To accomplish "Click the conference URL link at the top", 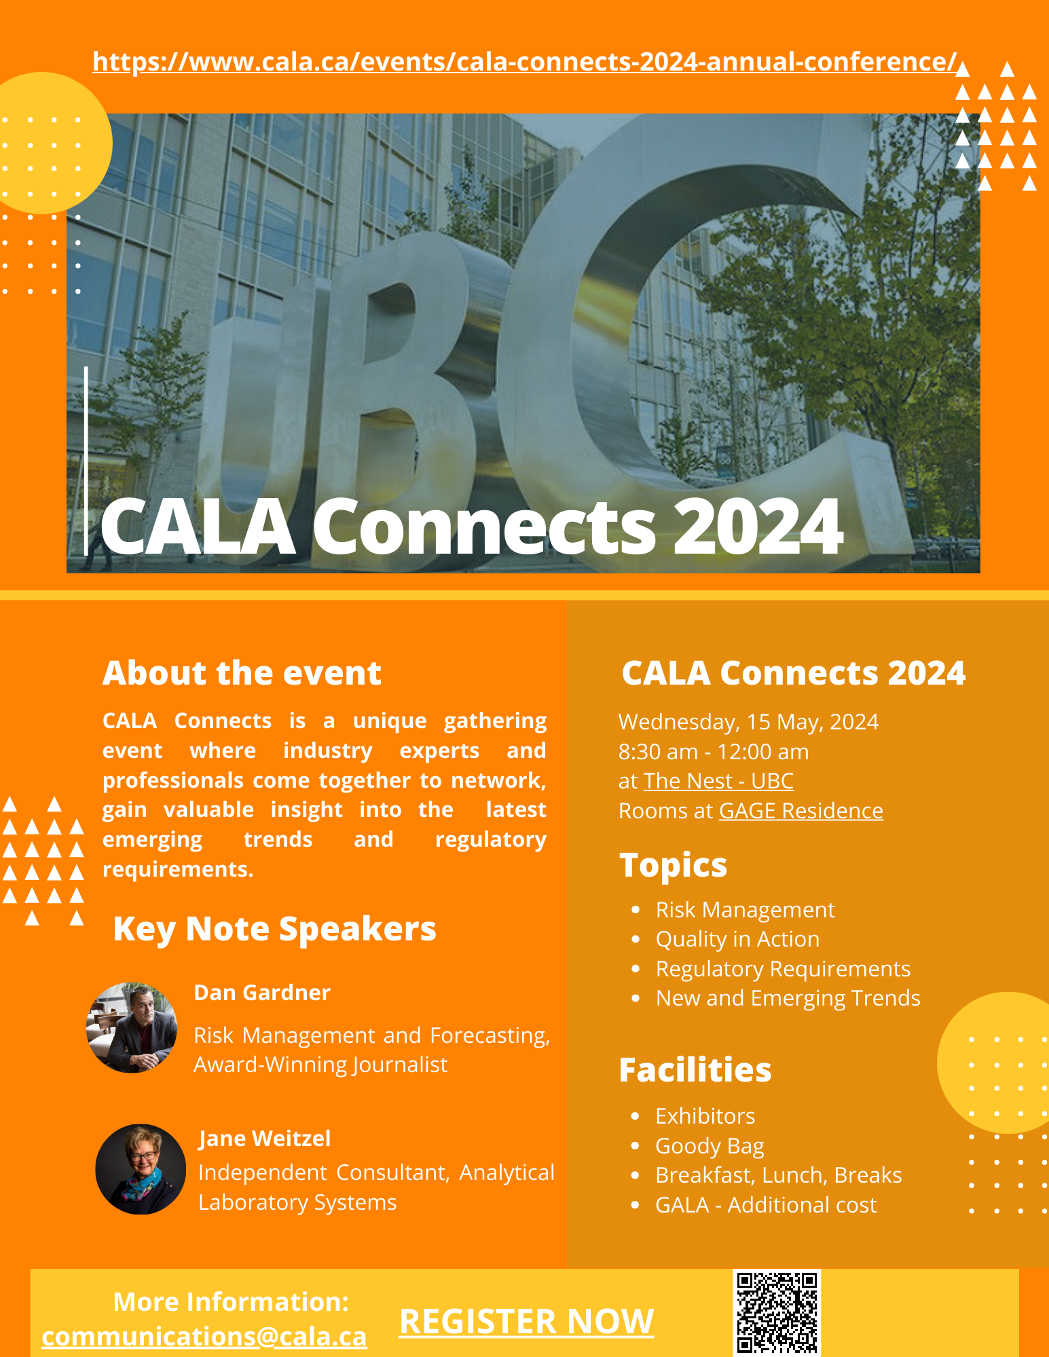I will coord(524,62).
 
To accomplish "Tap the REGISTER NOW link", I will coord(526,1321).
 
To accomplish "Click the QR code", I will coord(777,1312).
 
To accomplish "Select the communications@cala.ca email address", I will coord(204,1337).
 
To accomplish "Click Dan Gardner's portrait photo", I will coord(132,1027).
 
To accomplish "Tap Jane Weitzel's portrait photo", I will coord(141,1169).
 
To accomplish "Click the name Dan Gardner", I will coord(262,993).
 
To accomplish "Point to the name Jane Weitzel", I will coord(265,1139).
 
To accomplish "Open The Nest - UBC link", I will coord(718,781).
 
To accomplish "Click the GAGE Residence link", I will coord(800,811).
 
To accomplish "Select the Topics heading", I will coord(673,865).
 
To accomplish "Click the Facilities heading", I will coord(695,1070).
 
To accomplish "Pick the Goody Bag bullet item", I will coord(710,1146).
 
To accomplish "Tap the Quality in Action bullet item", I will coord(737,939).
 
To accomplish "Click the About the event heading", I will coord(242,673).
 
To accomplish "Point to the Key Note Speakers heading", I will coord(274,929).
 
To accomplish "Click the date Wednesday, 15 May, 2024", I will coord(748,722).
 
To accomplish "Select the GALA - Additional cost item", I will coord(766,1205).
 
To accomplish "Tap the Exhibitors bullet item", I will coord(705,1116).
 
